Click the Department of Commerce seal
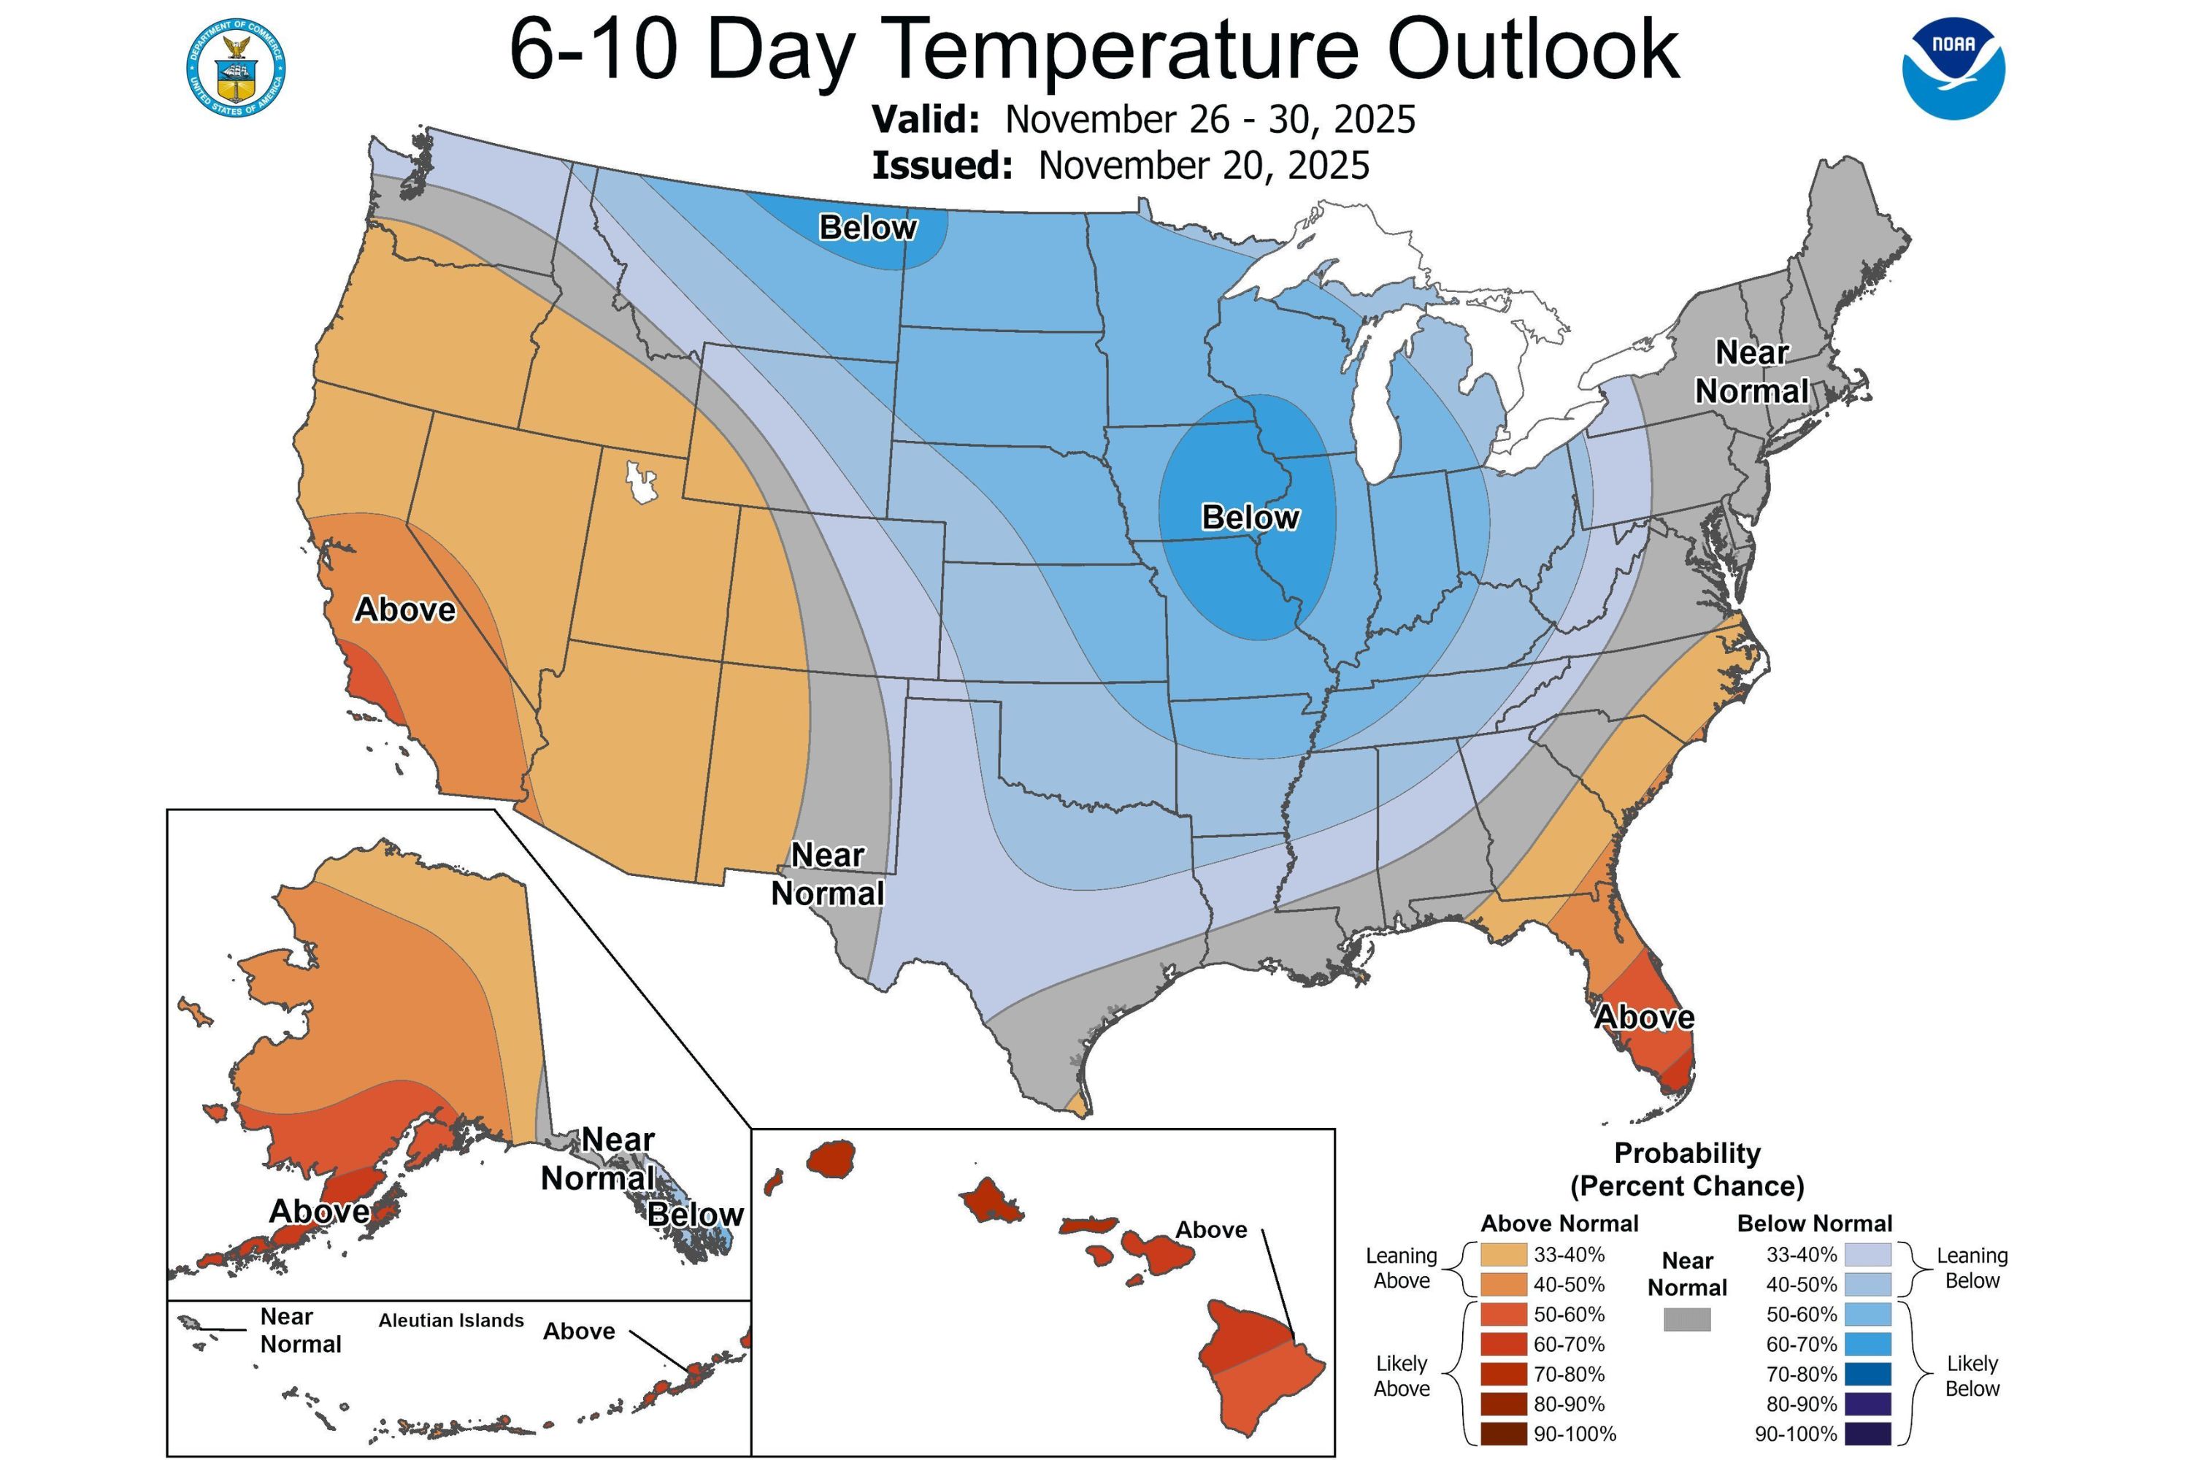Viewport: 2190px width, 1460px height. pyautogui.click(x=236, y=68)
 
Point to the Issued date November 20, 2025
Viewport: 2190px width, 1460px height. pyautogui.click(x=1203, y=166)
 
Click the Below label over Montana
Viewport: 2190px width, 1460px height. pyautogui.click(x=867, y=227)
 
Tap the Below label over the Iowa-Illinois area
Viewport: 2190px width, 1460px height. pyautogui.click(x=1250, y=517)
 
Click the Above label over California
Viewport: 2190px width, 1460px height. pyautogui.click(x=405, y=610)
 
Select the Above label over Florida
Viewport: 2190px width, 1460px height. pyautogui.click(x=1645, y=1017)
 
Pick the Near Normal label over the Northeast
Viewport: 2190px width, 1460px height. pyautogui.click(x=1751, y=372)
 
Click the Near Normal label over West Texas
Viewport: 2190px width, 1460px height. pyautogui.click(x=827, y=875)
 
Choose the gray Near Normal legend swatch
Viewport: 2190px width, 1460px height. pyautogui.click(x=1686, y=1319)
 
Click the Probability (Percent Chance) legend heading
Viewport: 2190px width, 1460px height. pyautogui.click(x=1686, y=1169)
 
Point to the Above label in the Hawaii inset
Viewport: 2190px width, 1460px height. pyautogui.click(x=1210, y=1230)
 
